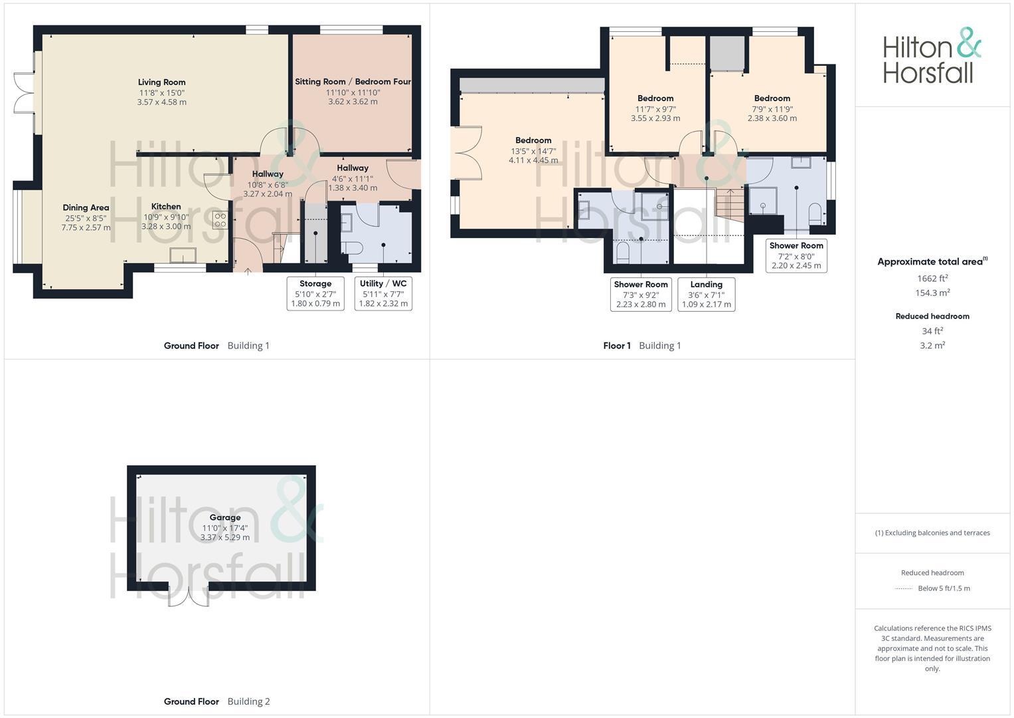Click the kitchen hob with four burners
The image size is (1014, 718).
pos(220,220)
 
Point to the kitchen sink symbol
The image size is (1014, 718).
pos(183,255)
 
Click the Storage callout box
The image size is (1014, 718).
pos(315,293)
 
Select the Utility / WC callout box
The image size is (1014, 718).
pos(383,293)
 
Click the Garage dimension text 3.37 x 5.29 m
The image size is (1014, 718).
pos(225,537)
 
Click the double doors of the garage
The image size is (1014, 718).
pos(188,596)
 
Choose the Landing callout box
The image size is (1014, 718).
pos(706,294)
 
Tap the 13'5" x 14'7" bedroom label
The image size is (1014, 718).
pos(533,150)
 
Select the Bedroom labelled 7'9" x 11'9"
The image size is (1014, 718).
pos(772,108)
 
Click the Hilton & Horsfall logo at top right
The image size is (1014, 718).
pos(932,56)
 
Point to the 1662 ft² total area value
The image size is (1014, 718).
pos(932,279)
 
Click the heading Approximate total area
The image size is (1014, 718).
pos(932,261)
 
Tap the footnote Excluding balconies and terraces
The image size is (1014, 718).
pos(932,533)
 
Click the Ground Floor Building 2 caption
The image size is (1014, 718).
pos(216,701)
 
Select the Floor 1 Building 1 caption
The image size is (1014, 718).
pos(641,346)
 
